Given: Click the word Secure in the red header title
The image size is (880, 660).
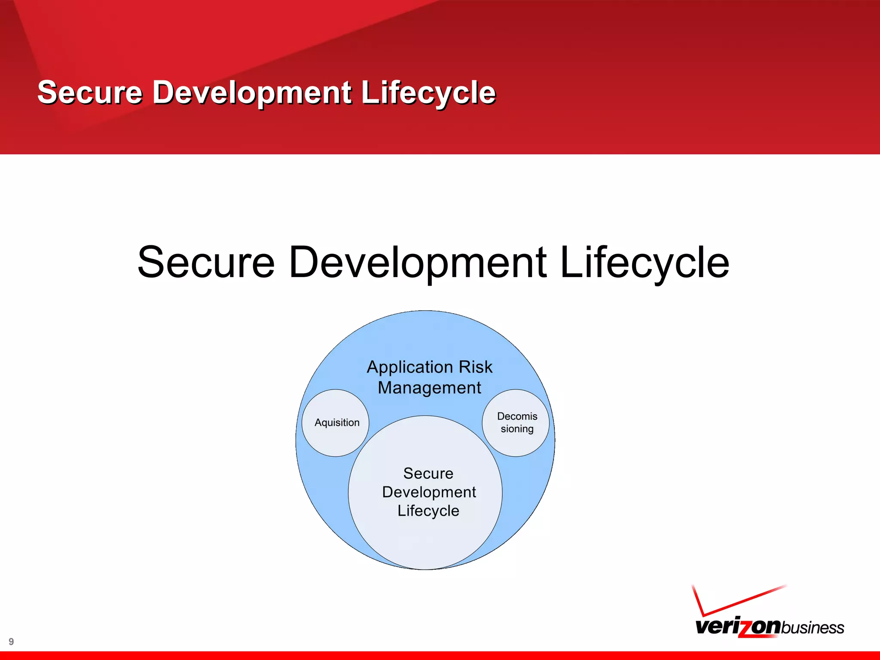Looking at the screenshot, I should tap(90, 92).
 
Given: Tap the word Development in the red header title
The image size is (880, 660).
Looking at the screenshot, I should tap(252, 92).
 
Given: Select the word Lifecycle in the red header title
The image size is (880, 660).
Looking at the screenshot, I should tap(428, 92).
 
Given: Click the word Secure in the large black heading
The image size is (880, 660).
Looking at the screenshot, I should tap(206, 262).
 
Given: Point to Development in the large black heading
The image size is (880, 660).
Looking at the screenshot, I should tap(418, 262).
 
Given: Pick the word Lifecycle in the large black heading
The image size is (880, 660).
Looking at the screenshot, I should tap(645, 262).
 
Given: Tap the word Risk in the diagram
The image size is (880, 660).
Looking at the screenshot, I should tap(475, 367).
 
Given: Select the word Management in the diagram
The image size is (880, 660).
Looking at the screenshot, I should tap(429, 388).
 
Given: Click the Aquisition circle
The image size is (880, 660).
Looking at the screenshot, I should tap(336, 423).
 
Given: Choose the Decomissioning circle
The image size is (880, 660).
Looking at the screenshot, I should tap(516, 423).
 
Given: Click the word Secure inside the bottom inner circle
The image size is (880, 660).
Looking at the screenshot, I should tap(428, 474).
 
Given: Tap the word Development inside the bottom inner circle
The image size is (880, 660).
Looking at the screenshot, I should tap(429, 492).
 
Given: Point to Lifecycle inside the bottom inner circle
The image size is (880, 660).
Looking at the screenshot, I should tap(428, 511).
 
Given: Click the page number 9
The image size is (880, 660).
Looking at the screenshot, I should tap(11, 642).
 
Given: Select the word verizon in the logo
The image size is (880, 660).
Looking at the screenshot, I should tap(737, 626).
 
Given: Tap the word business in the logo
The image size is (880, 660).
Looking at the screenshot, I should tap(812, 628).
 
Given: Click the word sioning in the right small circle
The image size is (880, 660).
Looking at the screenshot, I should tap(517, 429).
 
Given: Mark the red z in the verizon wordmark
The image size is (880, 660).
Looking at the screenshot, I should tap(746, 628).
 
